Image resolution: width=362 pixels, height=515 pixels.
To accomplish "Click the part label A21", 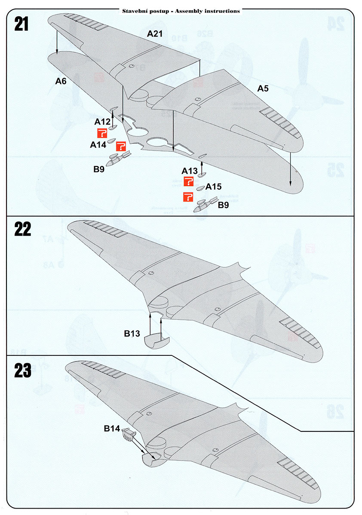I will click(x=155, y=33).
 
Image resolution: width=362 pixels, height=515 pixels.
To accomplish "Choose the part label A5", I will click(x=263, y=89).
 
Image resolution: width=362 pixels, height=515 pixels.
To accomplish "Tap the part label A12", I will click(x=103, y=122).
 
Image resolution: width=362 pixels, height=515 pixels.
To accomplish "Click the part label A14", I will click(x=98, y=145).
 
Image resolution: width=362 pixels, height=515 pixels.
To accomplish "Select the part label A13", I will click(x=190, y=171).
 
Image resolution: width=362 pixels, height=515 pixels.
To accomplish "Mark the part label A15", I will click(x=213, y=187).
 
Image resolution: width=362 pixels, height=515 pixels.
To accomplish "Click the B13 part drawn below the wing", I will click(x=156, y=341).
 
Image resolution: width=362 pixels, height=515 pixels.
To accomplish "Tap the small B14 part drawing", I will click(x=128, y=434).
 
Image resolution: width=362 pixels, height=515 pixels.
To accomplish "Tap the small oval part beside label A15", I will click(x=200, y=188).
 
